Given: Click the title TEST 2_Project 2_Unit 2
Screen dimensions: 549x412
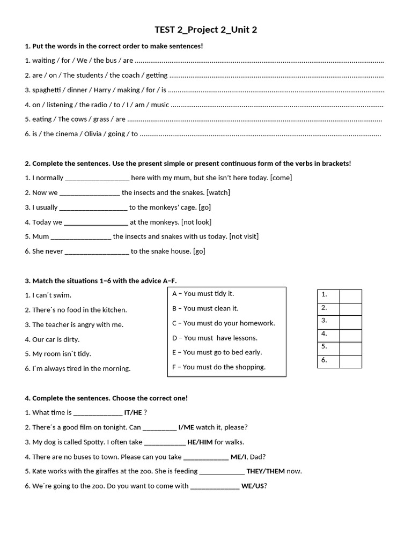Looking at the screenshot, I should (206, 29).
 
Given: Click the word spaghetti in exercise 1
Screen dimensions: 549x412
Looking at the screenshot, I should (48, 90).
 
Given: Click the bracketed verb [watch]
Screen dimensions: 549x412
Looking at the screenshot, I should (218, 192).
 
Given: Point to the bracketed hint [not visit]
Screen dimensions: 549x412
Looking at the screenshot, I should (244, 236).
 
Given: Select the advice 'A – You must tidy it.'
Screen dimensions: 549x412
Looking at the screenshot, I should (203, 294).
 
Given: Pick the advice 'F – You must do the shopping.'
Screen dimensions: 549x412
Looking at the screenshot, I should (218, 367).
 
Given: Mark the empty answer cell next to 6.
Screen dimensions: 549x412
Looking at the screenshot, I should (350, 361).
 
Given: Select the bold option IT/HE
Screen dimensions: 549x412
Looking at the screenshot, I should (133, 413).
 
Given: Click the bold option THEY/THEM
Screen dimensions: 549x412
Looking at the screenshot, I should (266, 471).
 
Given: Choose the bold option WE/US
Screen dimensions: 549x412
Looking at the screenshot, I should (253, 486).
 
